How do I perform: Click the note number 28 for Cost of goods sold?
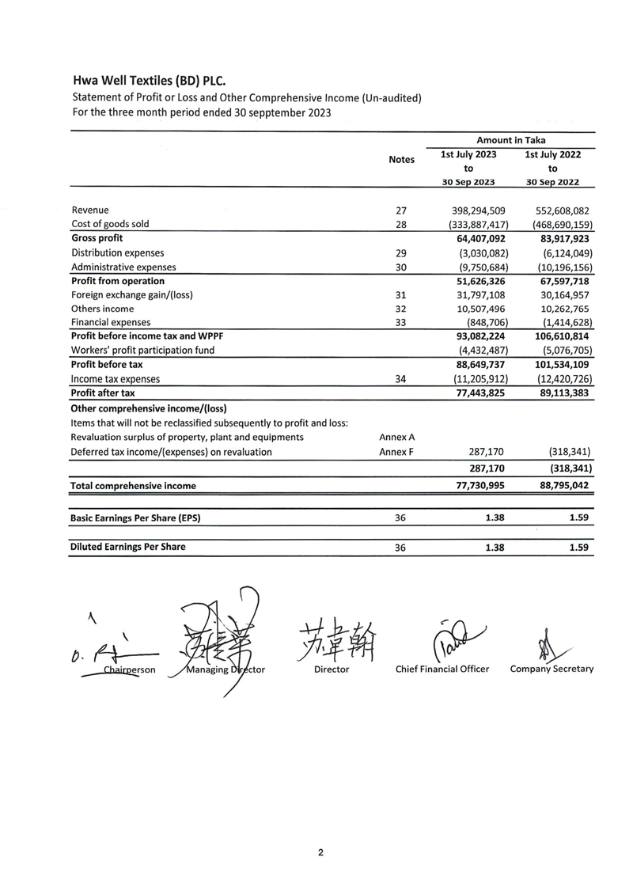coord(400,224)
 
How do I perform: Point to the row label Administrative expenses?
coord(123,267)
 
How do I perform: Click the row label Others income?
coord(103,309)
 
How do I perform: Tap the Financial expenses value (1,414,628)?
coord(559,323)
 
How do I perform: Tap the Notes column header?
coord(402,160)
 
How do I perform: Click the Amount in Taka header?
coord(510,140)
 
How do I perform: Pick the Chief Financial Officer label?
coord(442,669)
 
